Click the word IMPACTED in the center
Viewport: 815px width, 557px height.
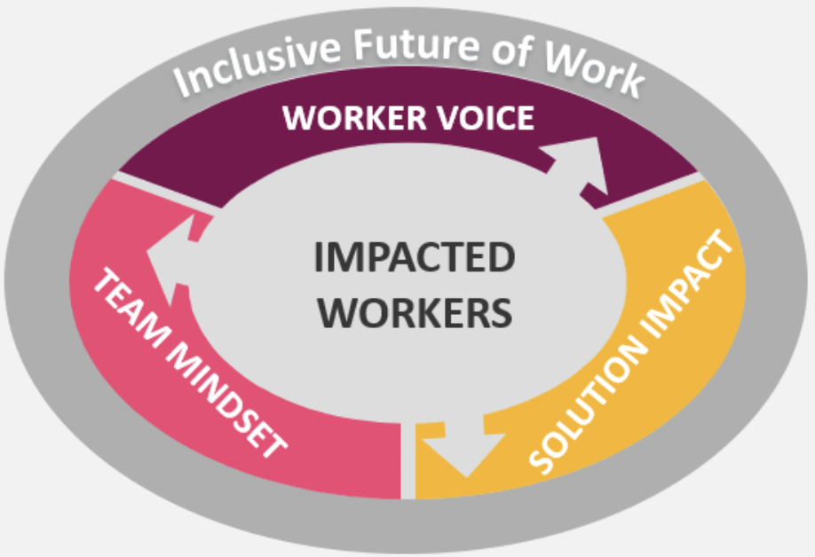pyautogui.click(x=415, y=259)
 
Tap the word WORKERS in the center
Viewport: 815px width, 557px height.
pyautogui.click(x=415, y=312)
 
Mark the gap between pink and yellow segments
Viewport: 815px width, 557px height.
pyautogui.click(x=407, y=461)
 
